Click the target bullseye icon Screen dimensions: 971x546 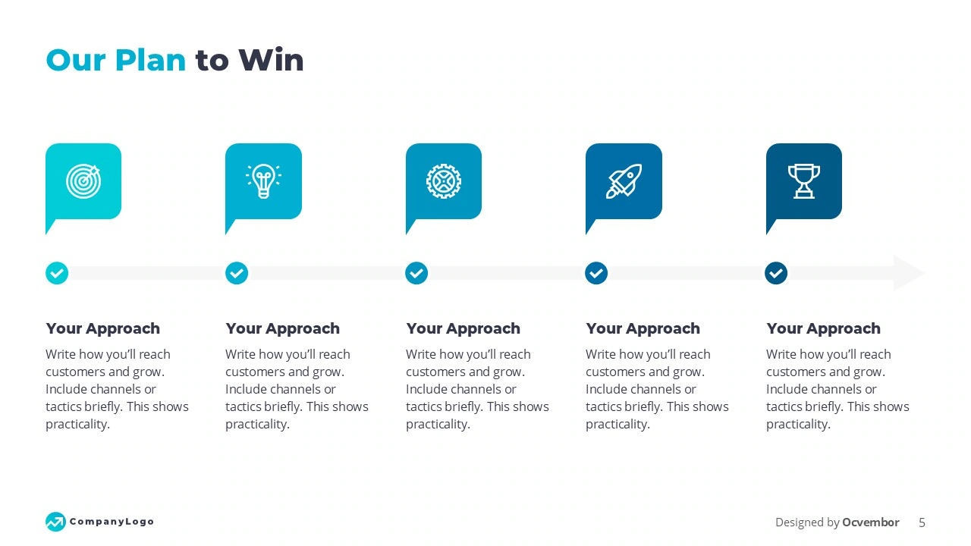click(83, 180)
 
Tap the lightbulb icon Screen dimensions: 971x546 click(263, 181)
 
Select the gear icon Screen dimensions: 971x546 click(444, 180)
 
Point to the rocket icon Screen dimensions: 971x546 click(624, 181)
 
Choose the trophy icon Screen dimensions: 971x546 click(803, 181)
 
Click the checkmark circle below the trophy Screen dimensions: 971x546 click(776, 273)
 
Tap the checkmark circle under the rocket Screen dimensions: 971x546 click(596, 273)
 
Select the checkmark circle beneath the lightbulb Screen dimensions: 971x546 click(237, 273)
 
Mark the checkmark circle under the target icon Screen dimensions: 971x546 click(57, 273)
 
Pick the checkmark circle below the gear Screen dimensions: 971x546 click(416, 273)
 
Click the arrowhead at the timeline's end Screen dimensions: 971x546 click(909, 273)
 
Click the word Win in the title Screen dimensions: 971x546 click(271, 60)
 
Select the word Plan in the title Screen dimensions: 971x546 click(150, 60)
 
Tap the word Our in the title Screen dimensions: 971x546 click(75, 60)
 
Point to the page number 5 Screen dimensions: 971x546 click(922, 522)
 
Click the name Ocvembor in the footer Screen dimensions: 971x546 click(871, 522)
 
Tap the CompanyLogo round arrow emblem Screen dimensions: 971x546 click(55, 521)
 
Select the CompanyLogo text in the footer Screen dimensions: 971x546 click(112, 521)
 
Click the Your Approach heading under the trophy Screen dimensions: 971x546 click(823, 328)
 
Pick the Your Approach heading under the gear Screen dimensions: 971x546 click(463, 328)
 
